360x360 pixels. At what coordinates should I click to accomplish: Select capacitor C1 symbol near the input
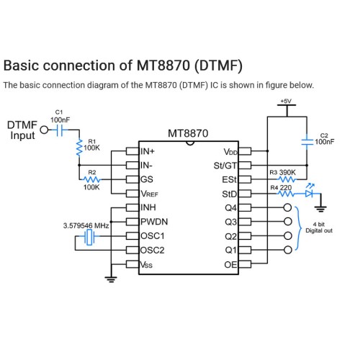pyautogui.click(x=60, y=130)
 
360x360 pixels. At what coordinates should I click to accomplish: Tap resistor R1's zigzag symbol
pyautogui.click(x=79, y=147)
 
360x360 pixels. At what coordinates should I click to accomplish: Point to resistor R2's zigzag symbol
pyautogui.click(x=92, y=179)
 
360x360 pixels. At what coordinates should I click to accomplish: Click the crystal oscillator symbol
pyautogui.click(x=89, y=237)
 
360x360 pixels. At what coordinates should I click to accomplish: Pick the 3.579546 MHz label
pyautogui.click(x=86, y=225)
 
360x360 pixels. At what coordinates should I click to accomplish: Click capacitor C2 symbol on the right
pyautogui.click(x=307, y=142)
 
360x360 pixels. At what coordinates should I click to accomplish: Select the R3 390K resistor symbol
pyautogui.click(x=287, y=179)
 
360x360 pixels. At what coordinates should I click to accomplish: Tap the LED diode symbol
pyautogui.click(x=310, y=192)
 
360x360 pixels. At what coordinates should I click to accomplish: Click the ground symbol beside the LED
pyautogui.click(x=320, y=209)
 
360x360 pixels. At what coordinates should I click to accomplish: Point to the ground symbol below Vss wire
pyautogui.click(x=111, y=279)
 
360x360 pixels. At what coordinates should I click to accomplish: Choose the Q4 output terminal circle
pyautogui.click(x=287, y=207)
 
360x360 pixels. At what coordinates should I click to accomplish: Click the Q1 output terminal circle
pyautogui.click(x=287, y=250)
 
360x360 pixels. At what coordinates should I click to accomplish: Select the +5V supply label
pyautogui.click(x=286, y=101)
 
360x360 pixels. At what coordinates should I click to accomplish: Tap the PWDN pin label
pyautogui.click(x=154, y=222)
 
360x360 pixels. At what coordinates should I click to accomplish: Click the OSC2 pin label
pyautogui.click(x=153, y=251)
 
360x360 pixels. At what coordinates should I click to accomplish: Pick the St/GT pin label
pyautogui.click(x=225, y=166)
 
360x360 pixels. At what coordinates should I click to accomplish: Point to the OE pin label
pyautogui.click(x=230, y=265)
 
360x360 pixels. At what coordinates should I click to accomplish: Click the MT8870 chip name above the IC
pyautogui.click(x=188, y=133)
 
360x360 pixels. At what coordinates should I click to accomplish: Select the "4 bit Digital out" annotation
pyautogui.click(x=319, y=228)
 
